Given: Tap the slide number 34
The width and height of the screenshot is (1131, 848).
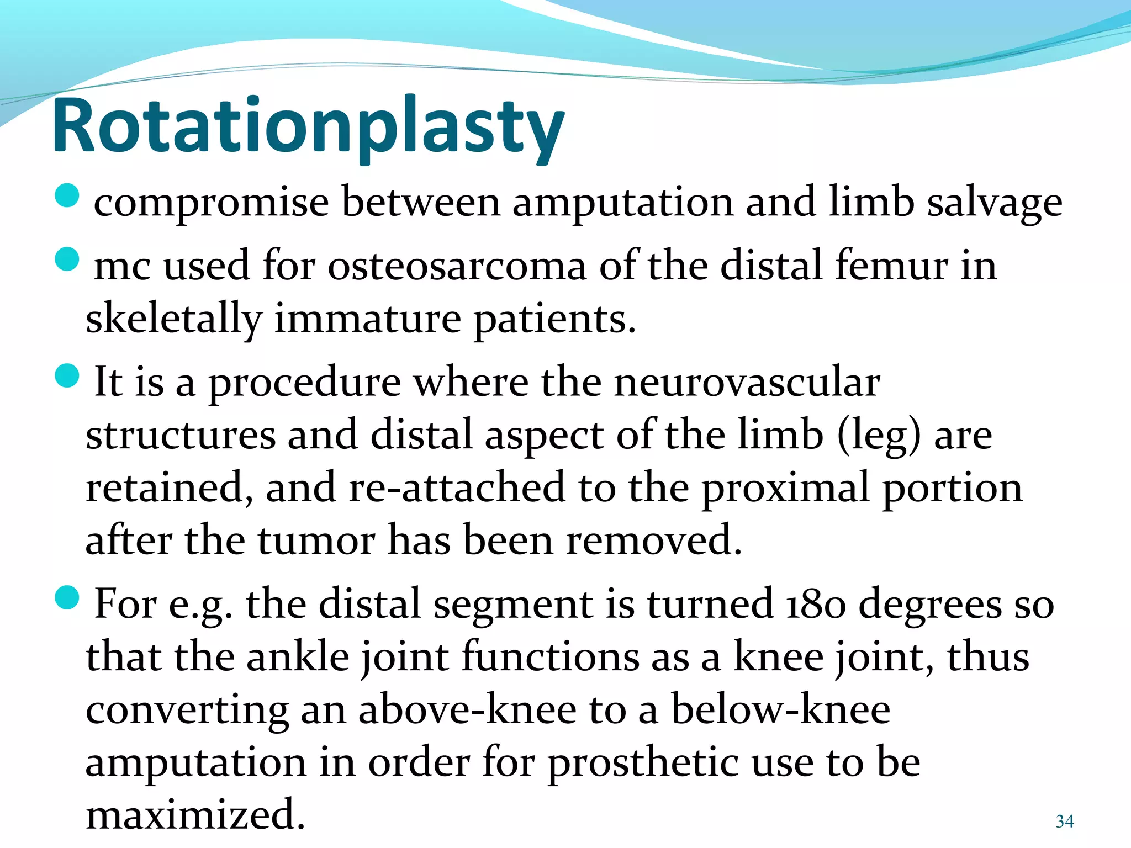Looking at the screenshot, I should click(1064, 821).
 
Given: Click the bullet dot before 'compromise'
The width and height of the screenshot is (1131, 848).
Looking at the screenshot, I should click(68, 195).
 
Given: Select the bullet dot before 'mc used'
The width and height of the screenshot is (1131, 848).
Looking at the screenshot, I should click(68, 259).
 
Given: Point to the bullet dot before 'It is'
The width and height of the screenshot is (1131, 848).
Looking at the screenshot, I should click(68, 376).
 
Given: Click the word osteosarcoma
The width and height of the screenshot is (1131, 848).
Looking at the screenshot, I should click(457, 266).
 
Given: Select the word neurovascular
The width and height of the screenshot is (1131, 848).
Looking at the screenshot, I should click(747, 382).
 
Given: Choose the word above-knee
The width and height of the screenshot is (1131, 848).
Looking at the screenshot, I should click(467, 710).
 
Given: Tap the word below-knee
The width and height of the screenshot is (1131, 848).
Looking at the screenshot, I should click(780, 710).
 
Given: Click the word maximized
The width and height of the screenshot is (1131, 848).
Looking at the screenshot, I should click(195, 815).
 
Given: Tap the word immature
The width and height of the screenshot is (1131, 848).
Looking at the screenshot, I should click(367, 319).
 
